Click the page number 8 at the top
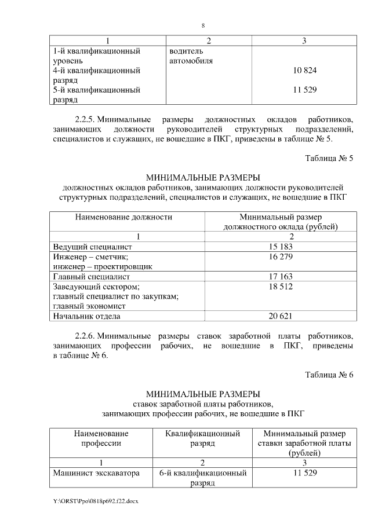(x=203, y=25)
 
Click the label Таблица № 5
(x=329, y=158)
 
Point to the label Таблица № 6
(x=329, y=374)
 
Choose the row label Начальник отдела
(x=86, y=316)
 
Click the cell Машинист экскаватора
(x=96, y=473)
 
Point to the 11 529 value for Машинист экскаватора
(x=304, y=473)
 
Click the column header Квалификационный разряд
(x=202, y=438)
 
